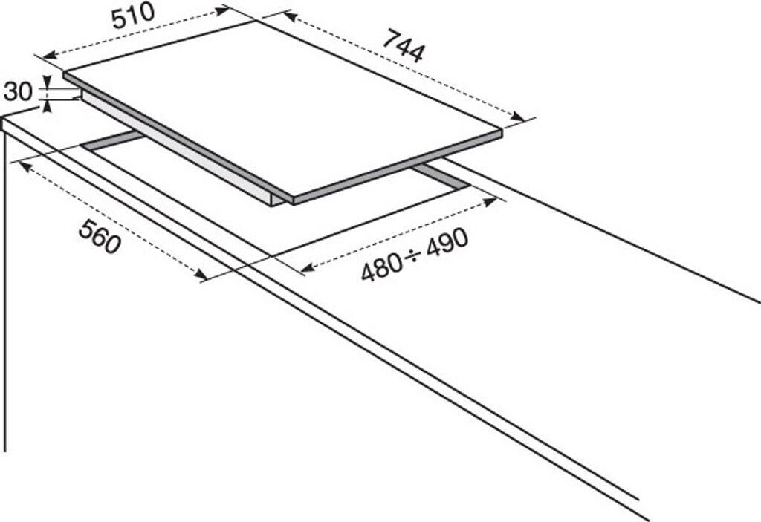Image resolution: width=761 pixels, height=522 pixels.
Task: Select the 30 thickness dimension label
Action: (x=17, y=91)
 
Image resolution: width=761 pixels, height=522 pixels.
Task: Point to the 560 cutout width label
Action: (x=100, y=236)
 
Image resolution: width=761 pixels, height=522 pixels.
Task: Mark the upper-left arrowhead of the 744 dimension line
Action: (x=288, y=16)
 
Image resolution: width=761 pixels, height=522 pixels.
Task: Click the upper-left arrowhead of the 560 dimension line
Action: (x=25, y=166)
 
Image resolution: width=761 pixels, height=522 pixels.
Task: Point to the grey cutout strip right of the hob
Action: (x=442, y=177)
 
